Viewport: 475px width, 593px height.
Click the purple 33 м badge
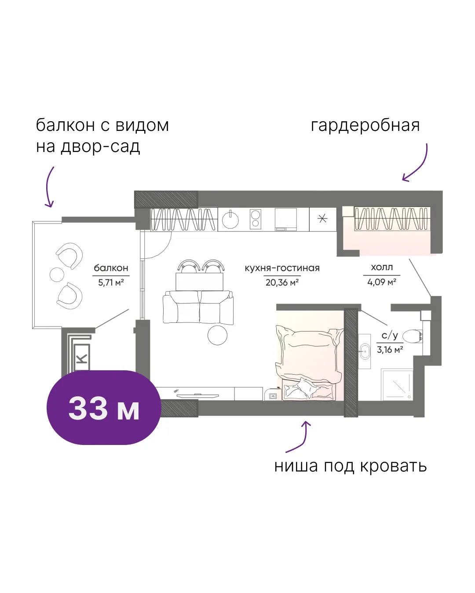point(103,407)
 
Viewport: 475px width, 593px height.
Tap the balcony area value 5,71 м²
point(111,282)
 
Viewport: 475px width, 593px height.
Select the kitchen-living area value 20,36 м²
point(282,282)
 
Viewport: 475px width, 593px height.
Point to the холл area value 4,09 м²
point(382,282)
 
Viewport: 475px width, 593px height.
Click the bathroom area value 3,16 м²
point(390,350)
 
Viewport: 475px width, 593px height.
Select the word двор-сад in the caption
point(100,147)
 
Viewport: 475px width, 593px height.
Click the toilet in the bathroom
point(413,336)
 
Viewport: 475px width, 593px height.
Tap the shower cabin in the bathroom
point(397,385)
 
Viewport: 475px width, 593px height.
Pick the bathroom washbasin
point(365,351)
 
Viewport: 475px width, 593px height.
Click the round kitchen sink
point(230,220)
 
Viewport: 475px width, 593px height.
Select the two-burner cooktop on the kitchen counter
point(255,219)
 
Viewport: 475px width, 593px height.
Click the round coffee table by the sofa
point(218,335)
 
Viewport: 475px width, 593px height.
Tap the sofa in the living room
point(198,307)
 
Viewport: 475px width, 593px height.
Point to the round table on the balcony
point(57,275)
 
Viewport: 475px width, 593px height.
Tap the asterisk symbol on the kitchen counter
point(322,218)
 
